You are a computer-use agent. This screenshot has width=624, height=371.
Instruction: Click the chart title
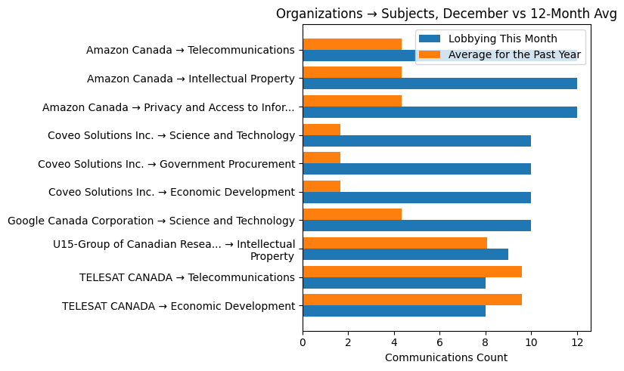[446, 14]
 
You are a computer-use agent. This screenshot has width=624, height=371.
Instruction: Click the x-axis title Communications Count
[446, 357]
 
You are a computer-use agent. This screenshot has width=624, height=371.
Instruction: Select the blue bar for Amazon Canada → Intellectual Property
[439, 84]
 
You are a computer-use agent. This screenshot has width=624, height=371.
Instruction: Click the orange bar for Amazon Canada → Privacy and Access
[352, 100]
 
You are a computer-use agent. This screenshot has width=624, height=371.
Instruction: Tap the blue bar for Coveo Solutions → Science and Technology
[417, 141]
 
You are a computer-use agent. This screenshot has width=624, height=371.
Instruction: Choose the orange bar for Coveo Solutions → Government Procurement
[321, 157]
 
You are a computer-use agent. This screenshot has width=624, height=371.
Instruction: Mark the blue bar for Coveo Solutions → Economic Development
[417, 197]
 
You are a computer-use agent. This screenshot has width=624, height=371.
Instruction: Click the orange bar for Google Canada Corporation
[352, 215]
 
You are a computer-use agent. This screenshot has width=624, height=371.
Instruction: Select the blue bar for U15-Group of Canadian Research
[405, 255]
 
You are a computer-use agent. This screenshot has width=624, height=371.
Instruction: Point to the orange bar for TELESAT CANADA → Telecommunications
[412, 271]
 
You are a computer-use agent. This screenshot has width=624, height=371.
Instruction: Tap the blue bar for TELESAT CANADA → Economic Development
[394, 311]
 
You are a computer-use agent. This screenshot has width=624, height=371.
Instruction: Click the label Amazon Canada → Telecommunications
[190, 51]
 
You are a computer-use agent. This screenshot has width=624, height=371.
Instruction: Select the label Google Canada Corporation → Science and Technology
[151, 221]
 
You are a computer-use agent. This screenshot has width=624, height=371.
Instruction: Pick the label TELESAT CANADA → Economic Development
[178, 306]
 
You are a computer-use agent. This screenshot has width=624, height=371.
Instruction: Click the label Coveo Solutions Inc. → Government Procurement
[166, 164]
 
